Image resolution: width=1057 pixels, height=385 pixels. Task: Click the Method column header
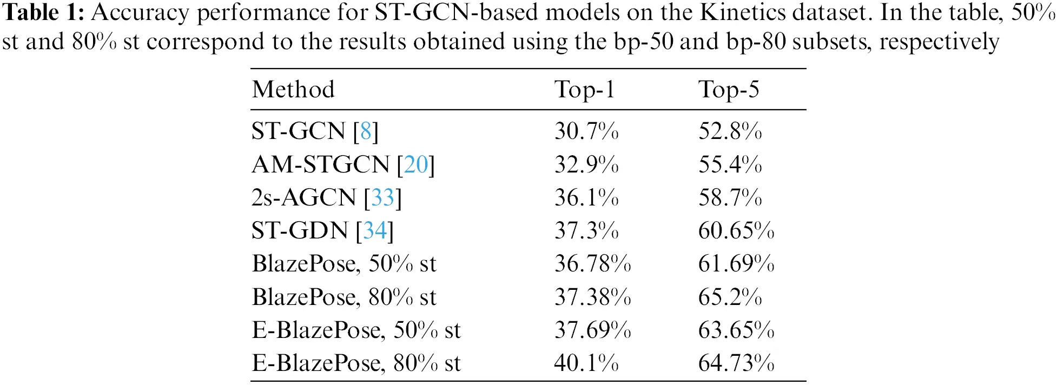(293, 90)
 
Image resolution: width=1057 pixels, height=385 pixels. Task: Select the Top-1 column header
(584, 90)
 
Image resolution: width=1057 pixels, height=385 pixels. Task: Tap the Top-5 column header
(729, 90)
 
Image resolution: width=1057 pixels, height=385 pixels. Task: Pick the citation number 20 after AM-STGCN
(416, 164)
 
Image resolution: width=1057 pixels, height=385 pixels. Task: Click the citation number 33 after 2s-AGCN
(383, 198)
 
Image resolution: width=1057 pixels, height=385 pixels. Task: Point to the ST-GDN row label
(300, 231)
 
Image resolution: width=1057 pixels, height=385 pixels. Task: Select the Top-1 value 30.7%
(586, 131)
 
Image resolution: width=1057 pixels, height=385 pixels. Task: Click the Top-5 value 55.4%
(730, 164)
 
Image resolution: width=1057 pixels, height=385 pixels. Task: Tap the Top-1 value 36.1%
(586, 198)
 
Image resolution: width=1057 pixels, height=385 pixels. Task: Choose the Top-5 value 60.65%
(736, 231)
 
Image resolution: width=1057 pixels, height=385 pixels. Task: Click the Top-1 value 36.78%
(593, 264)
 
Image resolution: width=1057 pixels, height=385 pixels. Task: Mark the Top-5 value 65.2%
(730, 297)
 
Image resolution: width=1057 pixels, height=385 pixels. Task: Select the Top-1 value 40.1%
(586, 363)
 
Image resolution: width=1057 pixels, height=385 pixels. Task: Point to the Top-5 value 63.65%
(736, 330)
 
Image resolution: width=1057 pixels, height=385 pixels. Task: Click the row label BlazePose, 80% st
(344, 297)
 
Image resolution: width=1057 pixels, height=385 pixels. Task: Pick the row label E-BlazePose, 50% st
(356, 330)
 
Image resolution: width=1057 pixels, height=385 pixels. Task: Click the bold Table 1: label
(43, 13)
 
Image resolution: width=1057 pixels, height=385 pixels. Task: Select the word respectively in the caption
(939, 42)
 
